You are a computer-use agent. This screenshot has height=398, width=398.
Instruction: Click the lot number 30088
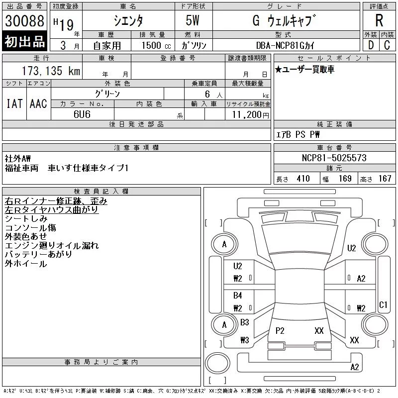24,21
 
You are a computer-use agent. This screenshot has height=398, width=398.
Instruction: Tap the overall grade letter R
379,20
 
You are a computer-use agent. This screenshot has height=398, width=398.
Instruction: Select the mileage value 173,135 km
51,71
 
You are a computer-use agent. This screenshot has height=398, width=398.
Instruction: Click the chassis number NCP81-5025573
334,158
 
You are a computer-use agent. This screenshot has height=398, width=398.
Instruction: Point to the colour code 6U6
82,114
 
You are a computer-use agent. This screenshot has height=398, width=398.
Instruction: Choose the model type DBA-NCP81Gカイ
285,45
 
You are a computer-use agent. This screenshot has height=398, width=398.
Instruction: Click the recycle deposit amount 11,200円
250,115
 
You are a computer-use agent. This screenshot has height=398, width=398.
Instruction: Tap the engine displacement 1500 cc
156,45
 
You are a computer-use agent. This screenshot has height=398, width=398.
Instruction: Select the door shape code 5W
193,20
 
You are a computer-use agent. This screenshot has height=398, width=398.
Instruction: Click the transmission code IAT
14,103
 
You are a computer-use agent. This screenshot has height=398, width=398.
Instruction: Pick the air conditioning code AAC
38,103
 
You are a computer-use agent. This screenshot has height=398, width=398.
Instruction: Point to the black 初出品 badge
24,41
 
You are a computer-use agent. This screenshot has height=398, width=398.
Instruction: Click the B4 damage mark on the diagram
238,295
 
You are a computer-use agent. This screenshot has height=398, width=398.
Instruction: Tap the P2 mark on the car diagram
280,330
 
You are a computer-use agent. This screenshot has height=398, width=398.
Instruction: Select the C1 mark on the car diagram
383,304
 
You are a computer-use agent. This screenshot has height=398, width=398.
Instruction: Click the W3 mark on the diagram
245,340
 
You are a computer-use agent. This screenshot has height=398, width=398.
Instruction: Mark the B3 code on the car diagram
245,322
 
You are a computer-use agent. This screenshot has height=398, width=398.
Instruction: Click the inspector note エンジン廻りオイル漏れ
52,245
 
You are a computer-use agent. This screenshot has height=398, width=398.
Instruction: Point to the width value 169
345,179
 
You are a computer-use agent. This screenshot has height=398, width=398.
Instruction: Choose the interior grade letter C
387,45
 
